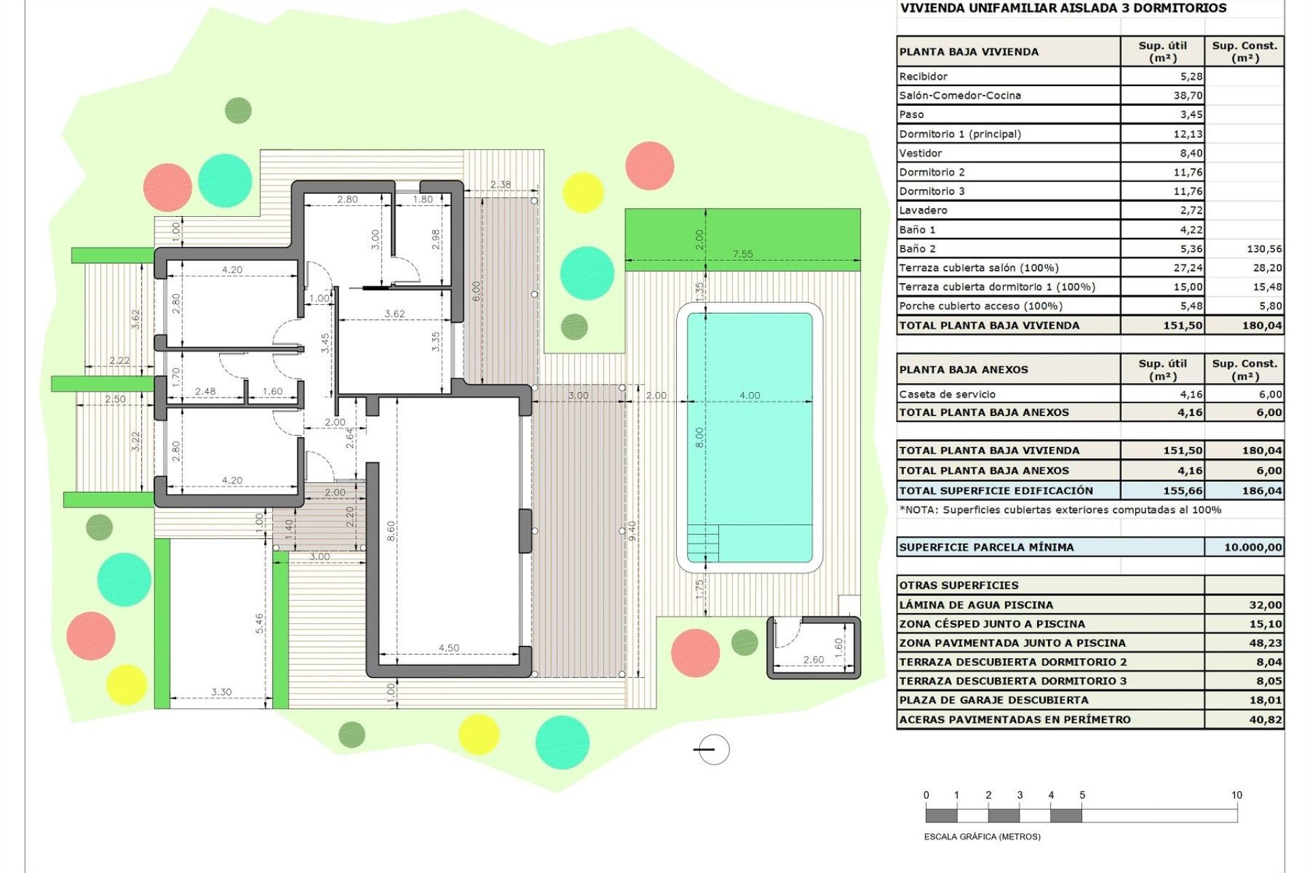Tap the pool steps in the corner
703,543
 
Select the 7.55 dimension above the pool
742,254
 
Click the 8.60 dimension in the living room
391,531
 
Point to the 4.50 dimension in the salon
449,648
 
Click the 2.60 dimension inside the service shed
813,660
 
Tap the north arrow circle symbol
714,750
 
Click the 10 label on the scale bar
1236,795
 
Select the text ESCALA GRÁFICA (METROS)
982,837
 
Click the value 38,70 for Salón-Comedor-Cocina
1188,95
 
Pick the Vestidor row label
920,153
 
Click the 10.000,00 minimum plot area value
1253,547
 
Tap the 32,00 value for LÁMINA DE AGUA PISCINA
1265,605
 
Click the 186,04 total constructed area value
1262,490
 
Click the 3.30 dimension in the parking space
221,692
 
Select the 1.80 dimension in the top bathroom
422,199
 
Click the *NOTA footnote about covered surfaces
1060,509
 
